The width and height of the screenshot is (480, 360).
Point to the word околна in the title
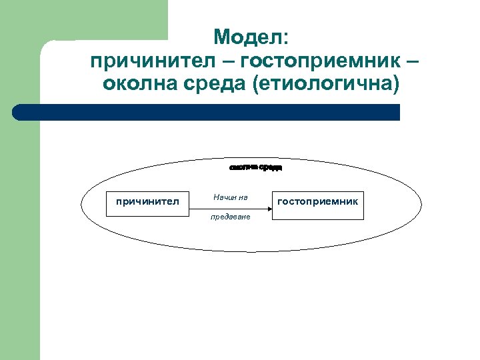point(139,85)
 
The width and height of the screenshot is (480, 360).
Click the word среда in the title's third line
point(212,85)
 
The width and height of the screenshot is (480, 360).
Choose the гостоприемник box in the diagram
point(317,200)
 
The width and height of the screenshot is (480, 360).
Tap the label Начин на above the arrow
point(231,197)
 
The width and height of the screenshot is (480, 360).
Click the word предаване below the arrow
point(231,218)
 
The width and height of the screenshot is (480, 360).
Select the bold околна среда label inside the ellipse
point(256,167)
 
